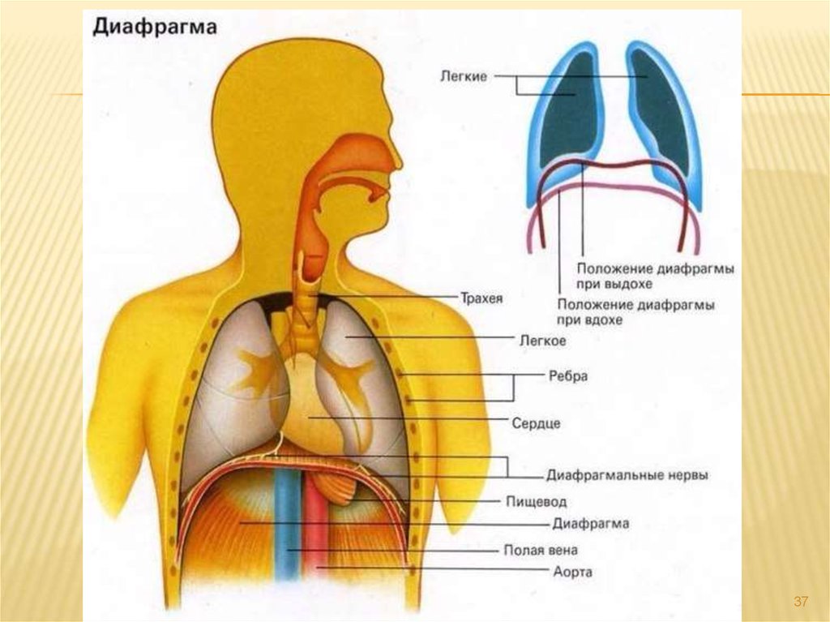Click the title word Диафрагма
coord(154,27)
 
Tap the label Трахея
coord(481,298)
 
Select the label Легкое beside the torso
coord(542,341)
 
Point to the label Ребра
coord(567,377)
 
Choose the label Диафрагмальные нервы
coord(627,475)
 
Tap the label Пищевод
coord(537,502)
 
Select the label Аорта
coord(573,573)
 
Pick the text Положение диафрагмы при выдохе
coord(656,277)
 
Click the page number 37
coord(801,601)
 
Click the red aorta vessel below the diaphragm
coord(314,535)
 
